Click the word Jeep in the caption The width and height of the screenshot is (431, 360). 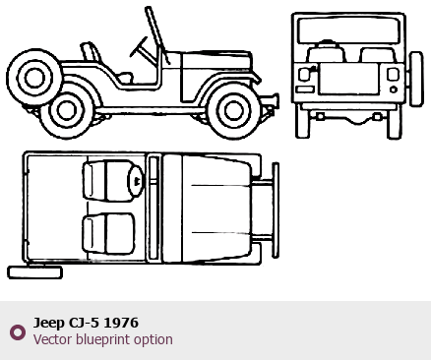click(x=49, y=323)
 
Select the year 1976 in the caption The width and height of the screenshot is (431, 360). click(x=121, y=323)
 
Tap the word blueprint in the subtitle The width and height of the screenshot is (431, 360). click(x=96, y=339)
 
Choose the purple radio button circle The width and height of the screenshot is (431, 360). click(x=18, y=332)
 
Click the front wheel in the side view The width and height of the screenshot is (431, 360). click(x=234, y=110)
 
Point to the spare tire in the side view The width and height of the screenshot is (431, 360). click(x=34, y=78)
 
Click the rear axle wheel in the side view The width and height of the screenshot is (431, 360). click(x=67, y=111)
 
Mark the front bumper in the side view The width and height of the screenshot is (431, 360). click(x=273, y=101)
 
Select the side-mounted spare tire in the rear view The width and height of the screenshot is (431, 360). click(x=415, y=79)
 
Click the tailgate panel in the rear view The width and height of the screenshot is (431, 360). click(x=348, y=79)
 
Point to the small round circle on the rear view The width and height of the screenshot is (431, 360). click(x=394, y=90)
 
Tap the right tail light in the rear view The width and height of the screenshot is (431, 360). click(x=393, y=74)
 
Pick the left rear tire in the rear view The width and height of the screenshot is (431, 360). click(x=303, y=121)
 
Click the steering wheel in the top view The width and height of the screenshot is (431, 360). click(x=135, y=181)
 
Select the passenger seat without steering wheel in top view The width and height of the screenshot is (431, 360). click(x=108, y=233)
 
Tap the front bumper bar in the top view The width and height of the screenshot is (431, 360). click(x=276, y=210)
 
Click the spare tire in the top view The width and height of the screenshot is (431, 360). click(x=35, y=272)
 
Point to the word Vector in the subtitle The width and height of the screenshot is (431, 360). click(x=53, y=339)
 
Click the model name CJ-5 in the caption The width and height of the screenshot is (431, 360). click(x=84, y=323)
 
